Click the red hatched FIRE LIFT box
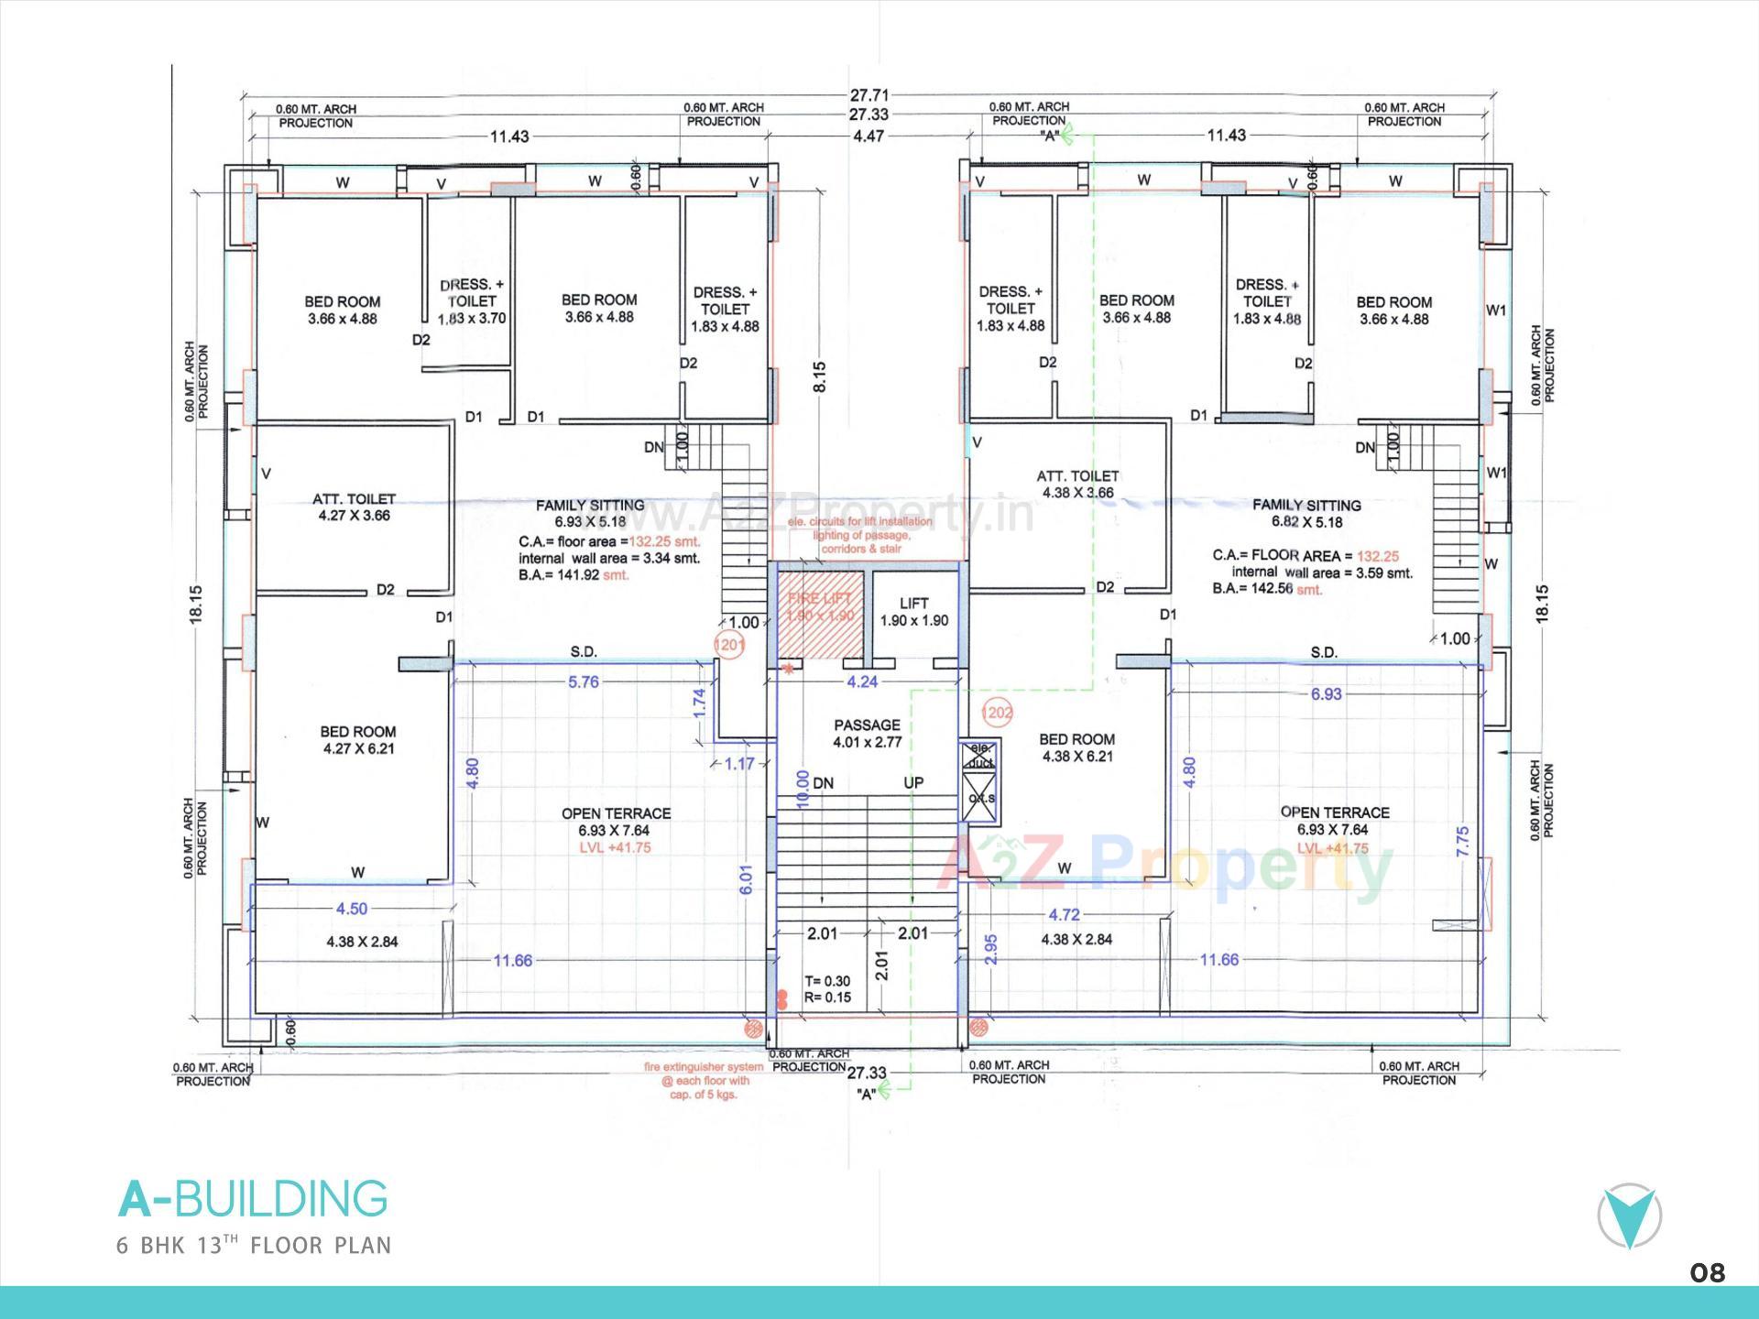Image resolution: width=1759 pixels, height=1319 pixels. (x=821, y=614)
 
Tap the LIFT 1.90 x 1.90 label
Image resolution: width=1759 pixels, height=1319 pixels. (x=913, y=612)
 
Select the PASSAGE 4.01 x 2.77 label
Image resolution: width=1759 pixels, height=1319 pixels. (x=867, y=733)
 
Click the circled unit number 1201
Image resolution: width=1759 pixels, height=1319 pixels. (x=729, y=645)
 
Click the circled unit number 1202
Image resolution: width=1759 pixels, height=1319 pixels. (x=997, y=712)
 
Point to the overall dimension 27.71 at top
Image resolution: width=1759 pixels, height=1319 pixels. (x=869, y=95)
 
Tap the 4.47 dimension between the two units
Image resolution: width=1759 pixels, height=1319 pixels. (x=869, y=136)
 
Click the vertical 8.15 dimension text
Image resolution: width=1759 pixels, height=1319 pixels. (x=819, y=376)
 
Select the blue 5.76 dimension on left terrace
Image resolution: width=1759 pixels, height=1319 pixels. (x=583, y=681)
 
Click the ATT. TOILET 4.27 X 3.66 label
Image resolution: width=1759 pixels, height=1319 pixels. (x=354, y=507)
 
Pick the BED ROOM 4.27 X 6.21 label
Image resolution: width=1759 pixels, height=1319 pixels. (x=357, y=739)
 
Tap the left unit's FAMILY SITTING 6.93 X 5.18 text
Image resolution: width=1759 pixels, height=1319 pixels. (x=590, y=513)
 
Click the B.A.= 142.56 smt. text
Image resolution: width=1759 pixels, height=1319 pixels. (x=1267, y=589)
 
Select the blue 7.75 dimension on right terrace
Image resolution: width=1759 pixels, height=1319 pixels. (x=1462, y=841)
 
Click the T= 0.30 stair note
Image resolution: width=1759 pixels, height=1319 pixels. (x=827, y=981)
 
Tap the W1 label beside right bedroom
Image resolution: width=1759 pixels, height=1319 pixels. (x=1495, y=311)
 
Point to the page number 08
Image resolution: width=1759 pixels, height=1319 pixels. (x=1707, y=1273)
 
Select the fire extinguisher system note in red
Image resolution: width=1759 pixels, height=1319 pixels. (x=703, y=1080)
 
